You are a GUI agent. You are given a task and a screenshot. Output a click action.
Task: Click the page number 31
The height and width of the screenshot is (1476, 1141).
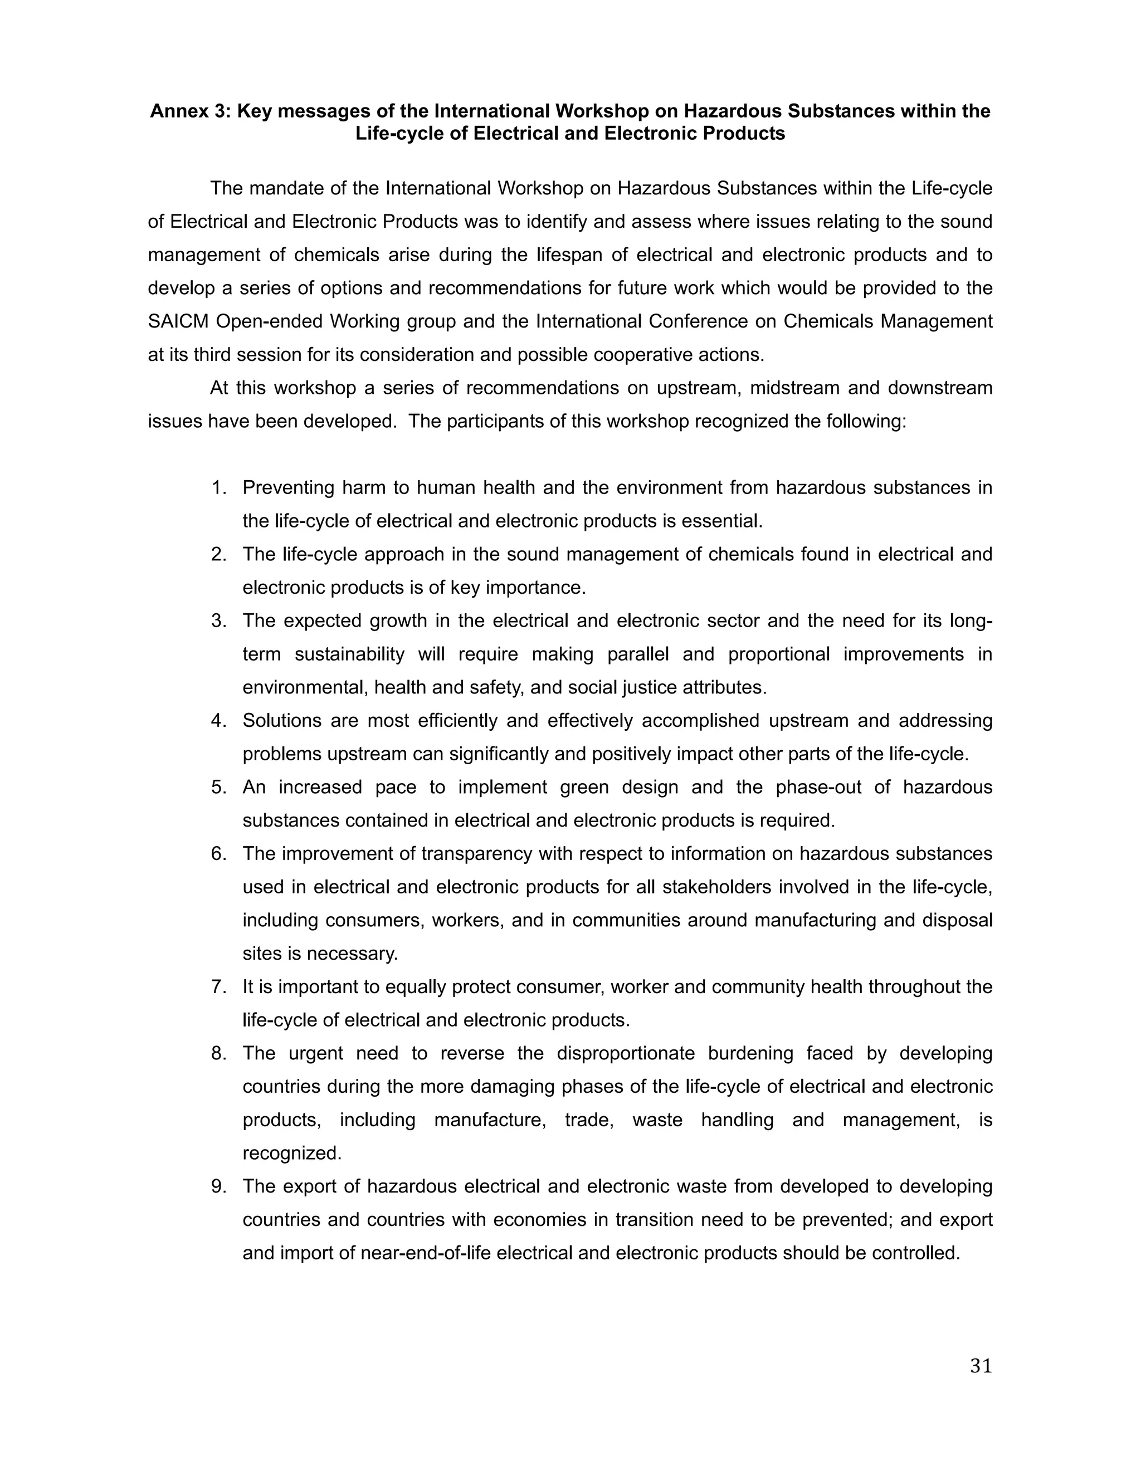981,1366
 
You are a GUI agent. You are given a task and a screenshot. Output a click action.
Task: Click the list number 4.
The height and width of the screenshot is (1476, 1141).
218,720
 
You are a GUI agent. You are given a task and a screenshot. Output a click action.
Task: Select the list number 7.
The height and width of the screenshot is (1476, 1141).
218,987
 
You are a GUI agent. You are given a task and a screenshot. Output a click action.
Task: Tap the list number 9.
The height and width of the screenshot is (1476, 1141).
218,1186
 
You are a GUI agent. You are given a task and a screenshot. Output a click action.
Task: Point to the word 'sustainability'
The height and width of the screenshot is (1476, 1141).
349,654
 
